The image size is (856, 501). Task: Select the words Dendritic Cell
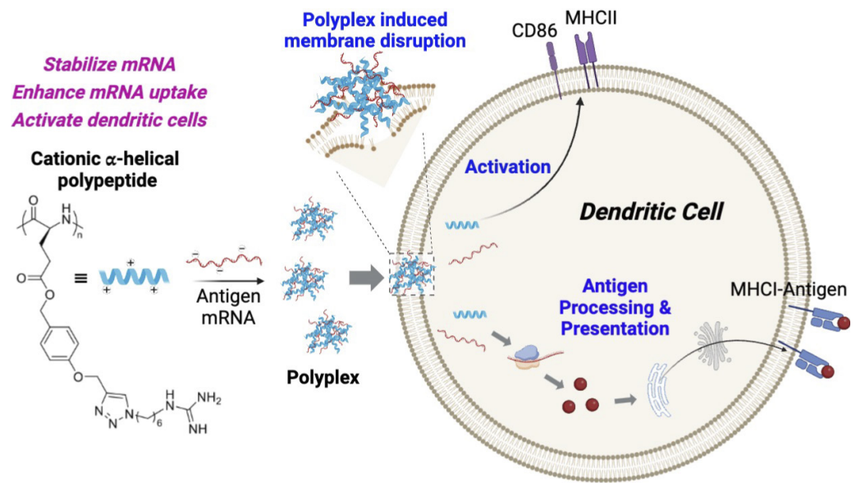click(651, 212)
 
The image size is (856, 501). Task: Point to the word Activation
click(508, 168)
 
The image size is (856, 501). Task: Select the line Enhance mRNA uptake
click(109, 91)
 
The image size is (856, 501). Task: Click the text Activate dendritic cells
click(109, 119)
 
